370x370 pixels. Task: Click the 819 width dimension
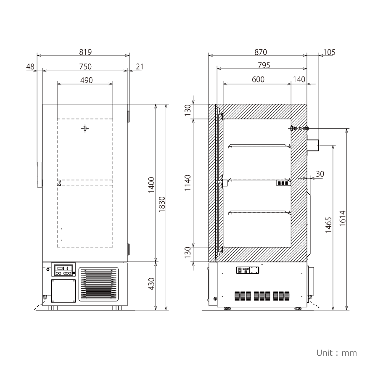(85, 52)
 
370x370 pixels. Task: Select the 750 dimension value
(85, 66)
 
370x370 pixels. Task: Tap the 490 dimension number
(86, 80)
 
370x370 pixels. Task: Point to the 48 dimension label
(30, 67)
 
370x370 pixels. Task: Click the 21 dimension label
(140, 67)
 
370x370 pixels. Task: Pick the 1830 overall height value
(162, 204)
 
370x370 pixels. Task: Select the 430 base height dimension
(151, 284)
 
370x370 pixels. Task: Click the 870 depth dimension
(261, 52)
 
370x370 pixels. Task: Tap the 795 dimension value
(264, 65)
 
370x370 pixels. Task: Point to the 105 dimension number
(329, 52)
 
